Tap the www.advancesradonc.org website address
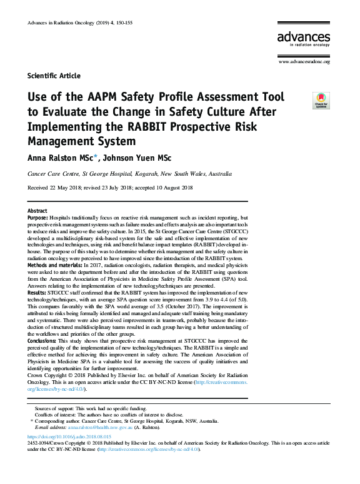[304, 61]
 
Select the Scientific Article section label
[54, 76]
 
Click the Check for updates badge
[321, 100]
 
